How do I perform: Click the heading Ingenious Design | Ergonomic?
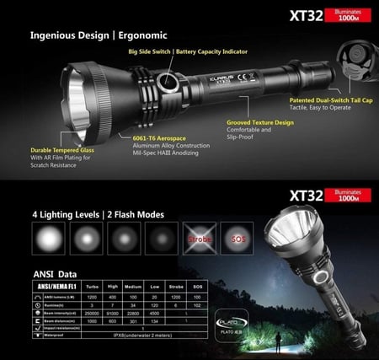[x=99, y=35]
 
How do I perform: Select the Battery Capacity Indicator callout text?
[x=212, y=52]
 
